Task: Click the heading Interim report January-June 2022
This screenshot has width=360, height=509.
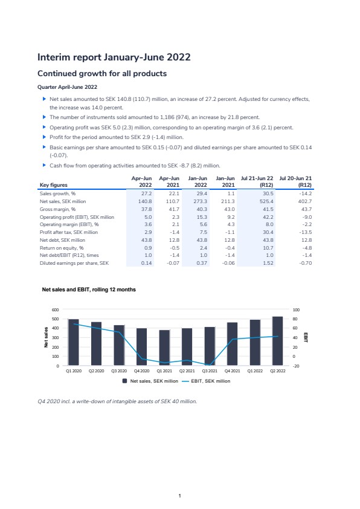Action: [x=114, y=57]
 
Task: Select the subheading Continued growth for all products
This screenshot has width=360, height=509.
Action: [x=102, y=74]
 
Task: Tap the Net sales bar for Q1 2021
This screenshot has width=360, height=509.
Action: [x=164, y=348]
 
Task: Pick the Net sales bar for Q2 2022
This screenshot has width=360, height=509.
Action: [x=278, y=341]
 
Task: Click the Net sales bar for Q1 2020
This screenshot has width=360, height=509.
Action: [x=74, y=343]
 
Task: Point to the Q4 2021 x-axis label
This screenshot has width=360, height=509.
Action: [x=232, y=371]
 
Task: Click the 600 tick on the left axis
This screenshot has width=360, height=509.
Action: [x=56, y=310]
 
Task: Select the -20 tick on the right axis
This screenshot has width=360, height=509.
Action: [x=296, y=366]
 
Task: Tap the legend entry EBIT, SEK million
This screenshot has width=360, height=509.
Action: [x=206, y=381]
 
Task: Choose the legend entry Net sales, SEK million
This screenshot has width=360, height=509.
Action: [x=150, y=381]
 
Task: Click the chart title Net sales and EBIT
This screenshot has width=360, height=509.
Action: [x=89, y=290]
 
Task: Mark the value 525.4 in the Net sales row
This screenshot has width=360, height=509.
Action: [x=266, y=201]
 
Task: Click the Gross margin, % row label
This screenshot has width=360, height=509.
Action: [x=58, y=209]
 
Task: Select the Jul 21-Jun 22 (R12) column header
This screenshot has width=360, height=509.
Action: [x=257, y=181]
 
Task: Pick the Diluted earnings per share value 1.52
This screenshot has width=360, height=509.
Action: [x=268, y=263]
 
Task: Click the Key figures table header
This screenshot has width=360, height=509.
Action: [x=54, y=185]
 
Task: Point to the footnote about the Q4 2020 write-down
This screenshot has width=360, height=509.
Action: [x=117, y=401]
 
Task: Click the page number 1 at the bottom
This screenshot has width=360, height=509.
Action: [x=179, y=496]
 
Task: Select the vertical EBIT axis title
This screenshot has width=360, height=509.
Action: [x=306, y=337]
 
